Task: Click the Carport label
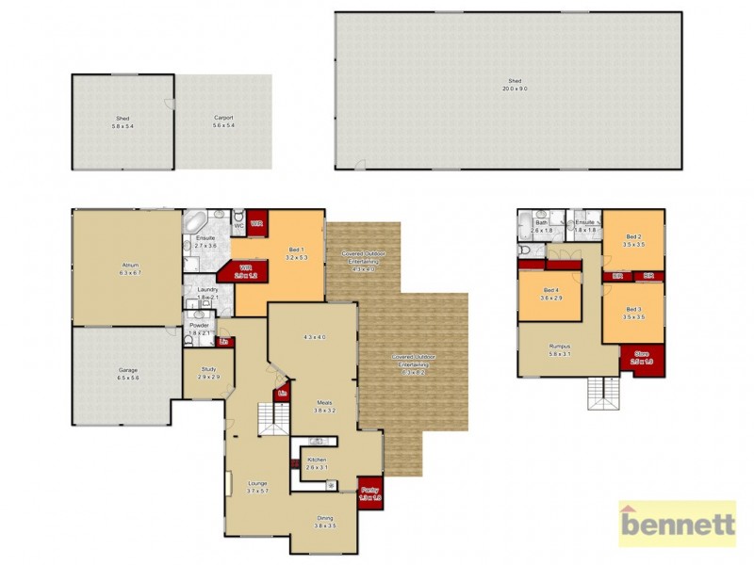pyautogui.click(x=222, y=121)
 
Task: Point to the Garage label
pyautogui.click(x=128, y=373)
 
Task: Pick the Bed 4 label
pyautogui.click(x=551, y=294)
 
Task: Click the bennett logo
pyautogui.click(x=677, y=524)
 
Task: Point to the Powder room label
pyautogui.click(x=199, y=329)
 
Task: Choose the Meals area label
pyautogui.click(x=325, y=406)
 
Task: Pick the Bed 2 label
pyautogui.click(x=633, y=240)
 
